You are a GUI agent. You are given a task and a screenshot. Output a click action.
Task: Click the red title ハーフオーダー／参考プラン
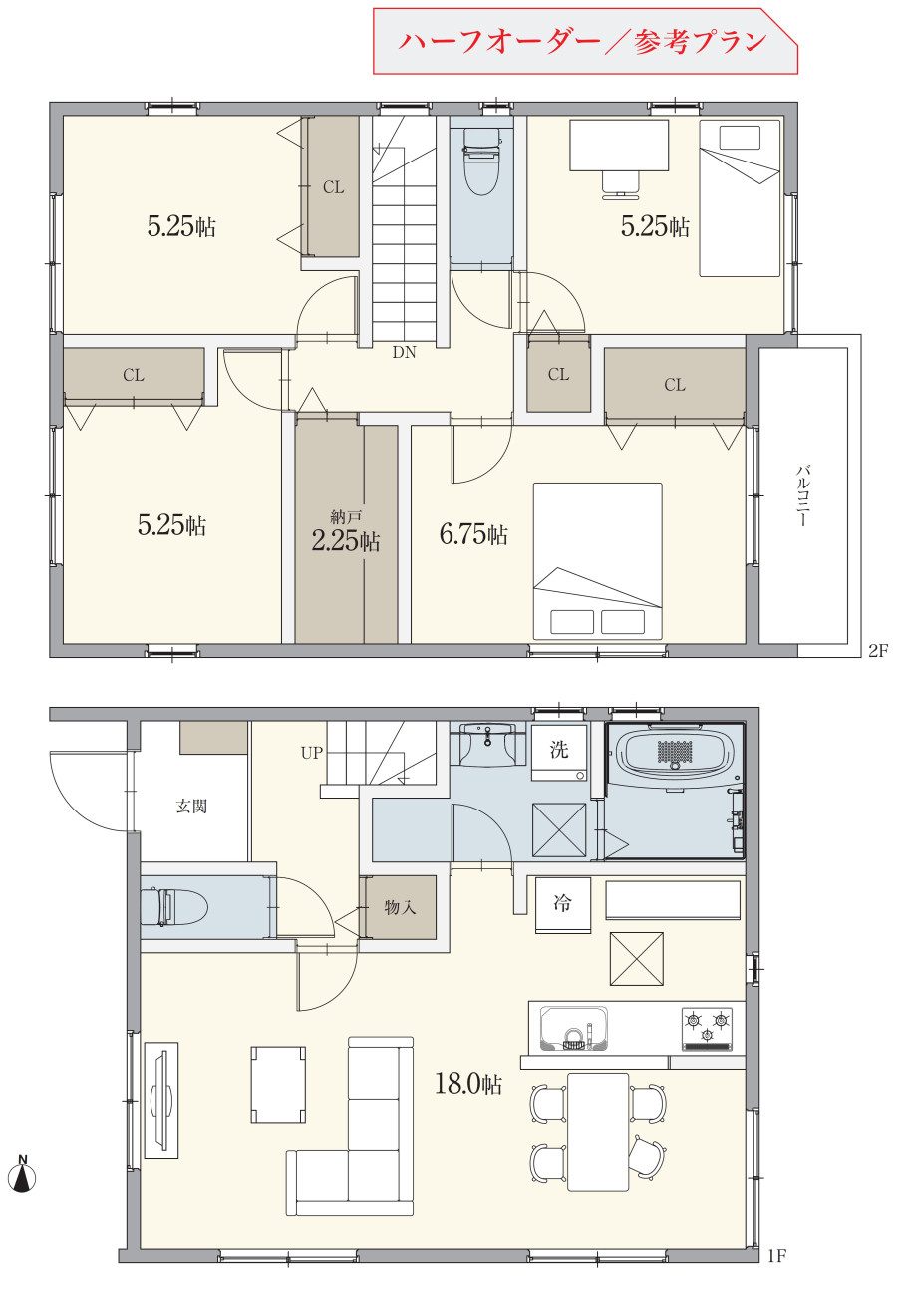pyautogui.click(x=582, y=42)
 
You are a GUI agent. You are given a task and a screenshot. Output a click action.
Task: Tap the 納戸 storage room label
pyautogui.click(x=346, y=516)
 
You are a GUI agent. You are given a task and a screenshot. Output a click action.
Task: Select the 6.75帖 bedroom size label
pyautogui.click(x=473, y=534)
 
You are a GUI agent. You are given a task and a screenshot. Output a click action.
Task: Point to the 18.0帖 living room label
pyautogui.click(x=467, y=1083)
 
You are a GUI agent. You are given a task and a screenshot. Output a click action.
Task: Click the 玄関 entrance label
pyautogui.click(x=191, y=806)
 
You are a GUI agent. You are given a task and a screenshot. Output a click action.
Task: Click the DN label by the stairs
pyautogui.click(x=404, y=352)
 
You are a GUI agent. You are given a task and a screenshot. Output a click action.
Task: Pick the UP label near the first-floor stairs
pyautogui.click(x=312, y=753)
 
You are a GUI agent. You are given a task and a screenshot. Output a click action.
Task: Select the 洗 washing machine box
pyautogui.click(x=559, y=752)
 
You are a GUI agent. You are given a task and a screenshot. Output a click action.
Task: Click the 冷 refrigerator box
pyautogui.click(x=563, y=905)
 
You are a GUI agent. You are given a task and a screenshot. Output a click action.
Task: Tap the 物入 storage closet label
pyautogui.click(x=400, y=907)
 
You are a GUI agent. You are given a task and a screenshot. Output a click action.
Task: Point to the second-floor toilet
pyautogui.click(x=481, y=161)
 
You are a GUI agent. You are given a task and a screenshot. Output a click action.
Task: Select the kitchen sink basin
pyautogui.click(x=574, y=1028)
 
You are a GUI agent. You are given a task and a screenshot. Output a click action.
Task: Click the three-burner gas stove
pyautogui.click(x=707, y=1029)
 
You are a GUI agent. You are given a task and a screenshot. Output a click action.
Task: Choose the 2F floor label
pyautogui.click(x=878, y=651)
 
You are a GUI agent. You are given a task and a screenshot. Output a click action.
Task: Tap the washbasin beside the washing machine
pyautogui.click(x=487, y=745)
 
